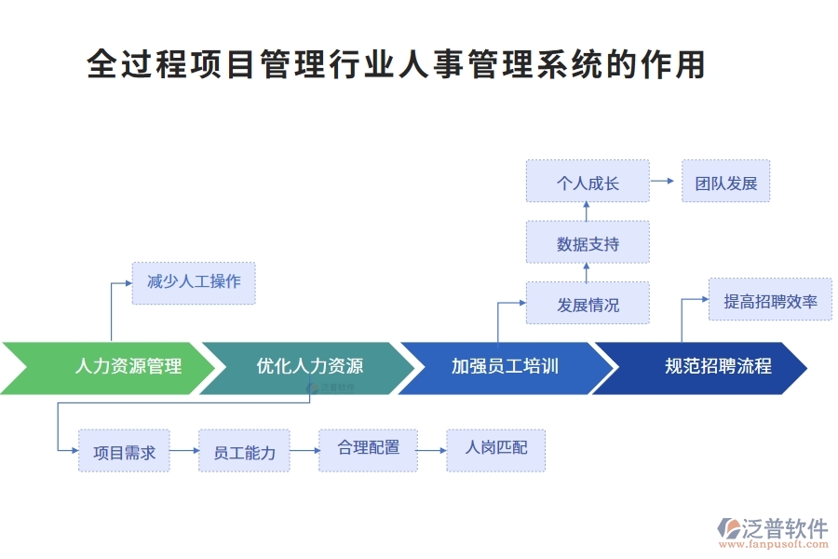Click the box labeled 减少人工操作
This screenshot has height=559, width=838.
(x=194, y=282)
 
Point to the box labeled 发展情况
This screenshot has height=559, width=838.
(x=588, y=304)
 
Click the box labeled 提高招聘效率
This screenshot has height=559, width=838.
(x=770, y=300)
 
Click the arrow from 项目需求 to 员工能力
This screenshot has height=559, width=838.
(x=184, y=451)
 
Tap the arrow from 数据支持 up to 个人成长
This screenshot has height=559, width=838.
(x=587, y=211)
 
